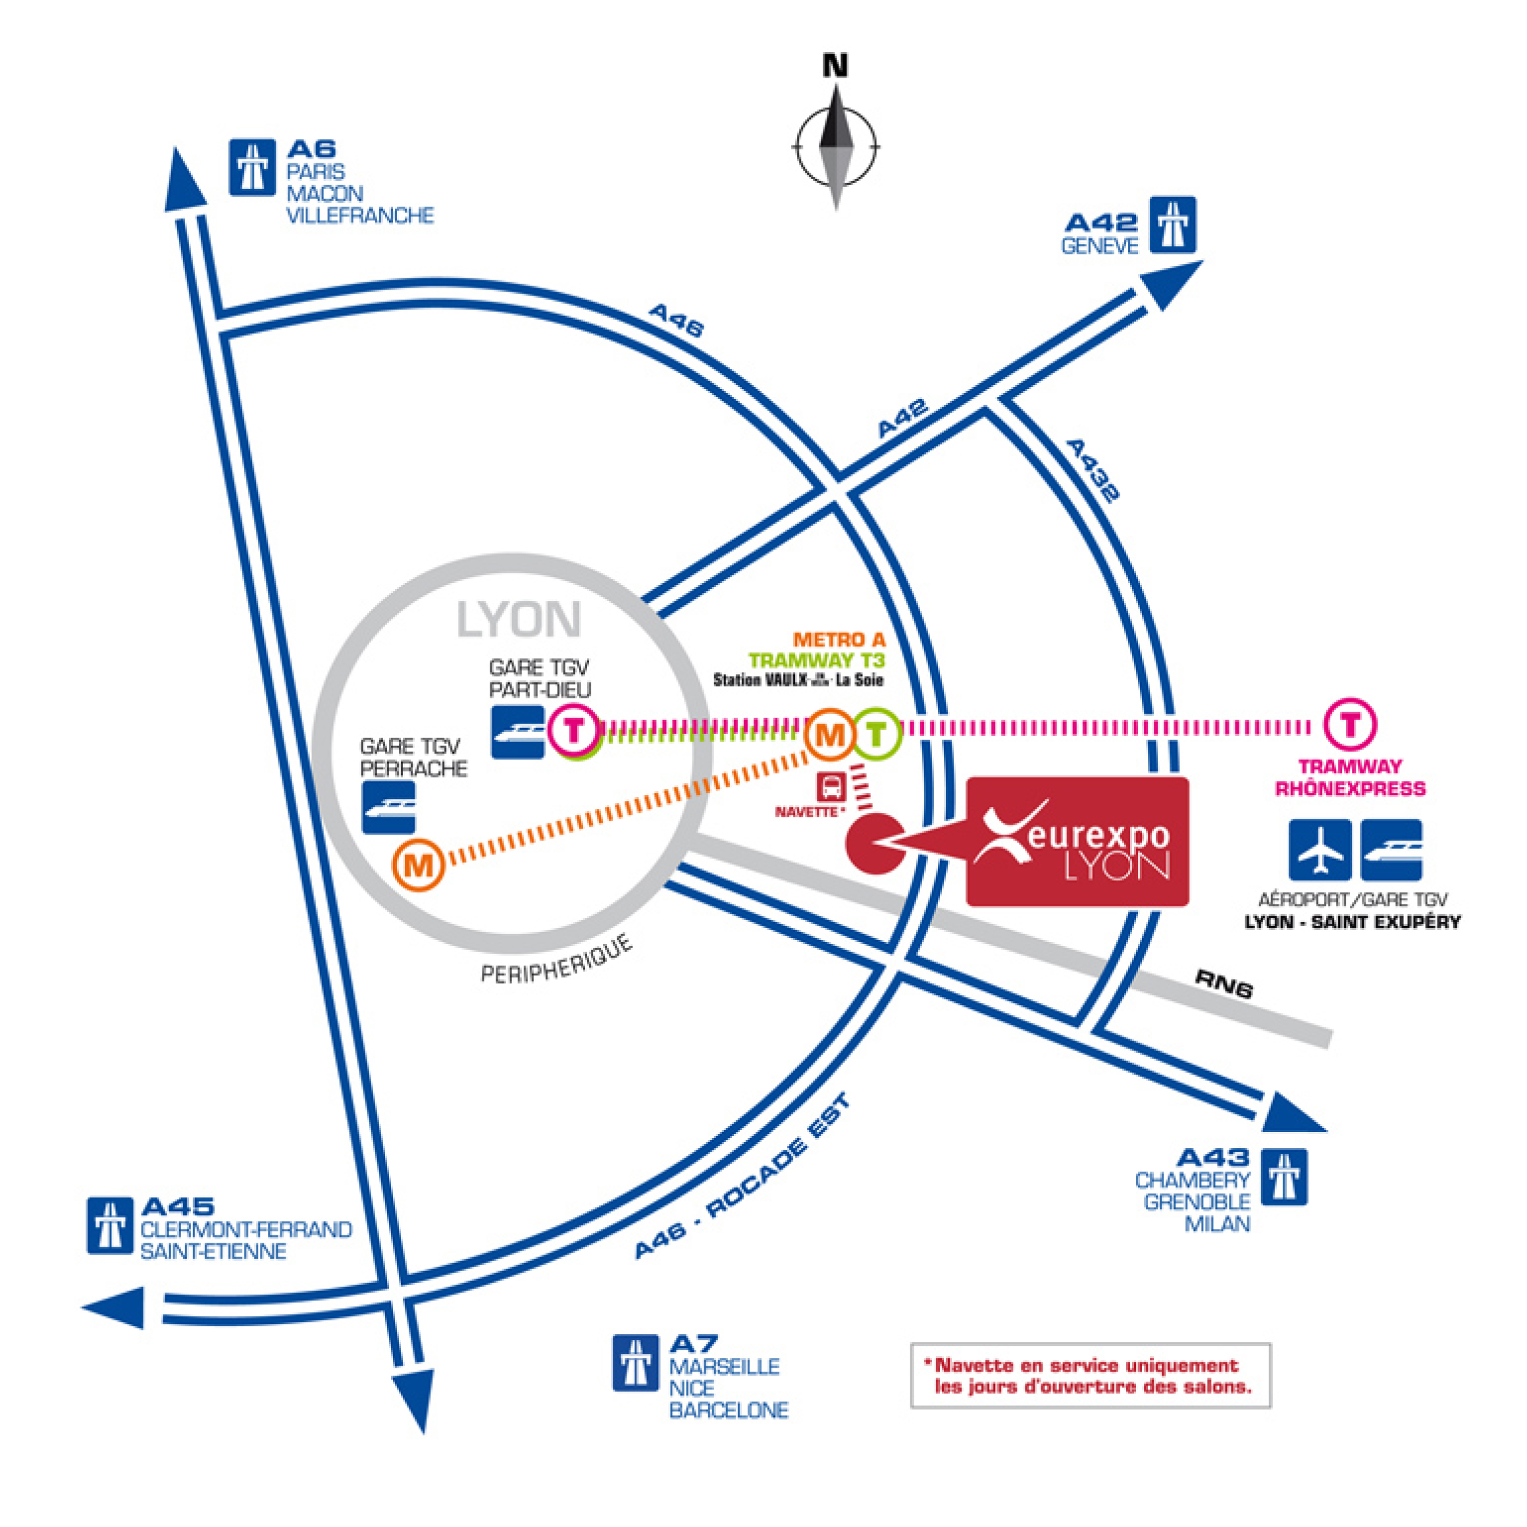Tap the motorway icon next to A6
(x=252, y=167)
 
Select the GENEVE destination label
(x=1099, y=246)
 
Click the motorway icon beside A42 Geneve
(x=1172, y=224)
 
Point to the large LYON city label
(x=519, y=619)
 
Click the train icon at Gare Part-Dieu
(x=518, y=732)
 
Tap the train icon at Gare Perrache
(x=389, y=807)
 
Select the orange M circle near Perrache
(x=419, y=866)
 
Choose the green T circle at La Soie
(x=876, y=735)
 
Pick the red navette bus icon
(x=831, y=787)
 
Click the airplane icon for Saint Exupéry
(x=1319, y=850)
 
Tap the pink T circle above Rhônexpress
(x=1351, y=724)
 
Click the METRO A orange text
(x=839, y=639)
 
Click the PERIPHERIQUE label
(x=557, y=960)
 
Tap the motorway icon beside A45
(x=110, y=1226)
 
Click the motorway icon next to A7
(x=635, y=1363)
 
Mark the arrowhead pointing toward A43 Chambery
(x=1289, y=1114)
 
